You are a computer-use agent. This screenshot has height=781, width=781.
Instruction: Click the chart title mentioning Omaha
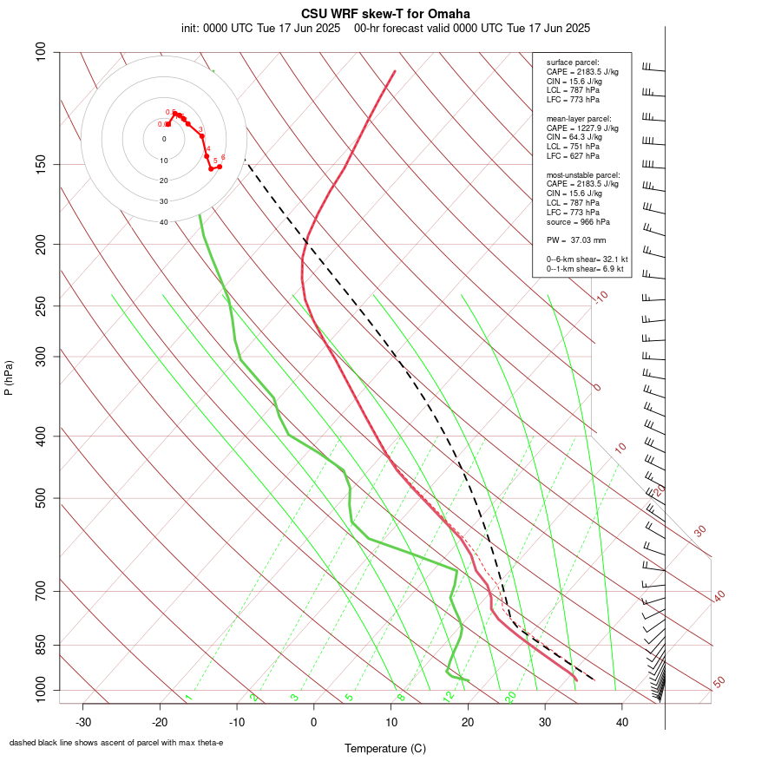(386, 14)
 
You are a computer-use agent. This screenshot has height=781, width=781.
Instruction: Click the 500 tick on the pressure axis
(42, 498)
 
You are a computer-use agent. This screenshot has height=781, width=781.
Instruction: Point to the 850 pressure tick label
(42, 645)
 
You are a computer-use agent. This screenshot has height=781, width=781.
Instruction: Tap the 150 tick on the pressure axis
(42, 164)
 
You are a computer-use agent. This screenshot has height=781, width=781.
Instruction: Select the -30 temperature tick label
(83, 722)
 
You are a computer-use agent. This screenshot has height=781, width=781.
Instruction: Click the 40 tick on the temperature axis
(621, 722)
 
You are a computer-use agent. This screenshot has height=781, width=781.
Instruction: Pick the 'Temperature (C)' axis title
(385, 748)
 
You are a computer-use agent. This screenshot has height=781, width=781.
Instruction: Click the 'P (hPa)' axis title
(9, 377)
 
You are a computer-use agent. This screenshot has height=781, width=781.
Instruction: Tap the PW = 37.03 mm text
(576, 240)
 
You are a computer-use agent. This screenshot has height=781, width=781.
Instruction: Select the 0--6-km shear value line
(587, 259)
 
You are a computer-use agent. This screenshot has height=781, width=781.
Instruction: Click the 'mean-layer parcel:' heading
(579, 118)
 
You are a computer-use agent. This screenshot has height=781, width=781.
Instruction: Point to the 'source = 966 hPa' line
(573, 221)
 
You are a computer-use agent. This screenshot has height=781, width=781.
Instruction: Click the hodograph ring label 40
(163, 222)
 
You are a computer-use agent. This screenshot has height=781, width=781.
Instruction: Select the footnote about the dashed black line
(116, 743)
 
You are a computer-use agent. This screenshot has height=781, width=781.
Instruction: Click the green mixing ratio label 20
(511, 696)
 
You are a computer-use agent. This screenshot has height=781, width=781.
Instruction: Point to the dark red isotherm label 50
(719, 683)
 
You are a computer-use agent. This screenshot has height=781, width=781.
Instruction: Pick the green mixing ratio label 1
(187, 698)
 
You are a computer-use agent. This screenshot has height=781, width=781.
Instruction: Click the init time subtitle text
(260, 28)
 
